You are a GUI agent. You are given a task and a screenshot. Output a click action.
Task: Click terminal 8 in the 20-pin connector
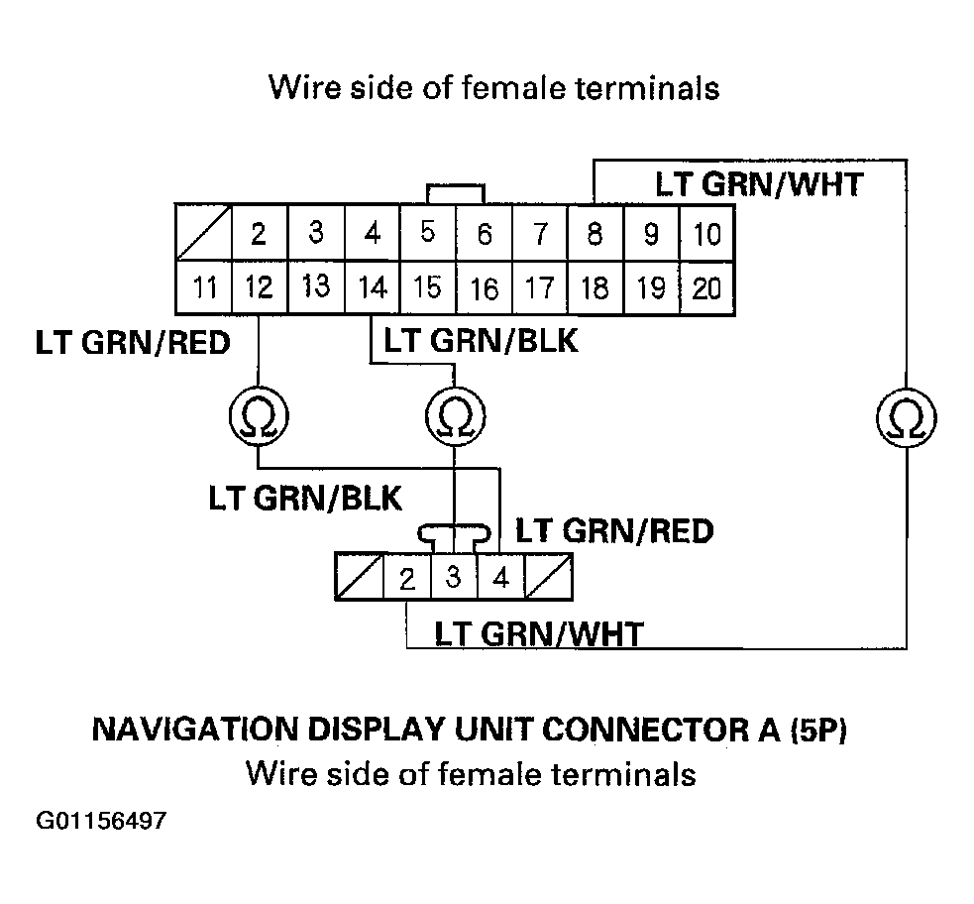pyautogui.click(x=595, y=234)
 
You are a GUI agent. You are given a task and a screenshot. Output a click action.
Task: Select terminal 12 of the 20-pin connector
pyautogui.click(x=259, y=288)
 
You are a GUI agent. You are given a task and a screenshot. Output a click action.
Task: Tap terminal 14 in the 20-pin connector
pyautogui.click(x=372, y=288)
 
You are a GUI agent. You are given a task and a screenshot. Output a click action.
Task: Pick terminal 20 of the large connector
pyautogui.click(x=706, y=288)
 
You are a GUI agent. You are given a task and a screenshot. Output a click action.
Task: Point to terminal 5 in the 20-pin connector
pyautogui.click(x=428, y=234)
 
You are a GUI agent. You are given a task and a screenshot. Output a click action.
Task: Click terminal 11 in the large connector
pyautogui.click(x=203, y=288)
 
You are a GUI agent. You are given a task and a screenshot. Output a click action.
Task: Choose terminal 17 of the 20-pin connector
pyautogui.click(x=539, y=288)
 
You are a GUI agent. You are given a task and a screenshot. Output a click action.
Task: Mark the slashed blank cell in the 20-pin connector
pyautogui.click(x=203, y=234)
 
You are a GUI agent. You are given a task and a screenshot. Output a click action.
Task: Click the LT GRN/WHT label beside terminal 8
pyautogui.click(x=758, y=184)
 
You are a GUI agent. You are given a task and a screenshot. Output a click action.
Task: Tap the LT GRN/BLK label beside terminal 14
pyautogui.click(x=481, y=342)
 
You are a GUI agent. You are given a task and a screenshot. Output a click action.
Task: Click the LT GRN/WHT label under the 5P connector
pyautogui.click(x=539, y=633)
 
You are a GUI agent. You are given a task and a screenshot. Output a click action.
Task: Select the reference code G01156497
pyautogui.click(x=102, y=822)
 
